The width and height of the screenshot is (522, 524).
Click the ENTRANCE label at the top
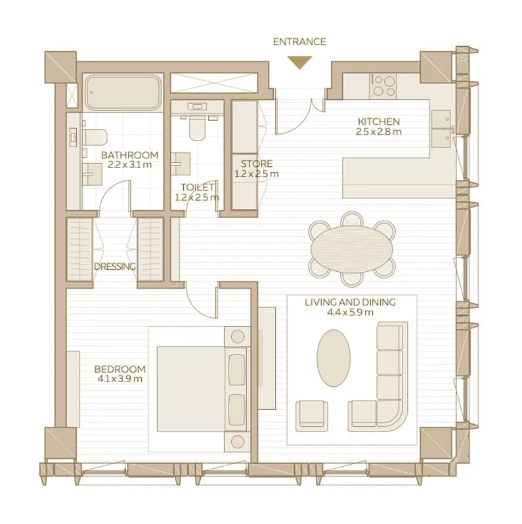(x=299, y=42)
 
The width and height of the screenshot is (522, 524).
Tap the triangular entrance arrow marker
(x=300, y=62)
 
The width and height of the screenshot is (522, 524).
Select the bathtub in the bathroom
(x=123, y=93)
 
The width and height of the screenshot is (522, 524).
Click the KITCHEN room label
(x=379, y=121)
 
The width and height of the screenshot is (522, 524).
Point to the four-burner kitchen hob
(x=383, y=86)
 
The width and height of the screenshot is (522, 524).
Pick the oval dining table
(x=352, y=249)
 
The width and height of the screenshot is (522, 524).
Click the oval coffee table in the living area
(x=334, y=358)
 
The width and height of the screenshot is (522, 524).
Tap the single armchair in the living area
(x=311, y=416)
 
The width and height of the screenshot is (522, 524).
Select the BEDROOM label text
(x=120, y=369)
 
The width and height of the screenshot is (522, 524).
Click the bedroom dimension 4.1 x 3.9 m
(x=120, y=379)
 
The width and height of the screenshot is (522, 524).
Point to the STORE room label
(x=257, y=164)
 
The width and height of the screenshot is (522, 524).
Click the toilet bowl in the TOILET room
(x=197, y=128)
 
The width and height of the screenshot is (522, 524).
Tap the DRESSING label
(x=115, y=267)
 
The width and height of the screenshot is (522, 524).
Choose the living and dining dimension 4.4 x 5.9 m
(x=350, y=313)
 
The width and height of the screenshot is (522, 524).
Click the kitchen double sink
(x=441, y=129)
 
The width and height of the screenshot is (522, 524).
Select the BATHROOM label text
(x=129, y=155)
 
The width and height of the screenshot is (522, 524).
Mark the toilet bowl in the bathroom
(x=95, y=137)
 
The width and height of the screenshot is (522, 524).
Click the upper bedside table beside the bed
(x=237, y=336)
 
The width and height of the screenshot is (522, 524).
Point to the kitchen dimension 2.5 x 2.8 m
(x=379, y=132)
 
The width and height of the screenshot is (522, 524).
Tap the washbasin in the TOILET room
(x=181, y=164)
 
